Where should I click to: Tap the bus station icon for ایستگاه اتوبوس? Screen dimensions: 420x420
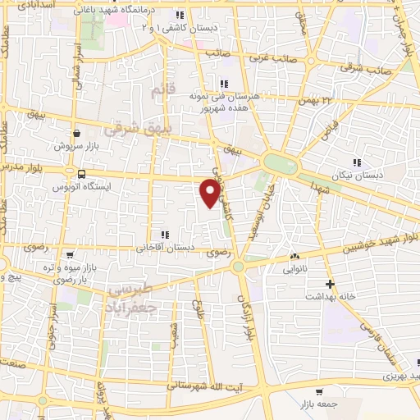(x=81, y=174)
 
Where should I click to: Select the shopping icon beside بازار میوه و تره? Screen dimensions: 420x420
(x=70, y=255)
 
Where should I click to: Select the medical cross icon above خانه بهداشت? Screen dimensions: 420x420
(x=329, y=282)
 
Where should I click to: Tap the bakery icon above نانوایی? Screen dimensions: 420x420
(x=297, y=255)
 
